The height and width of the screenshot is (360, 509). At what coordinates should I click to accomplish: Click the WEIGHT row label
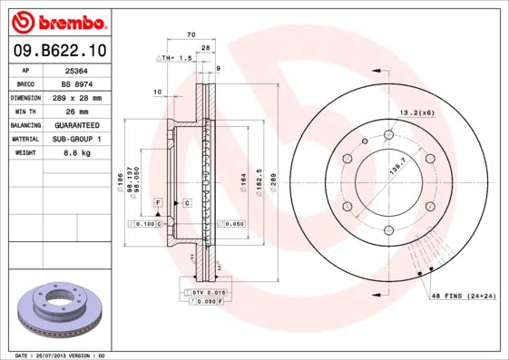coord(25,153)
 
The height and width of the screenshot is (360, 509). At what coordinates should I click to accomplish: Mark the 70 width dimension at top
coord(191,34)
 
